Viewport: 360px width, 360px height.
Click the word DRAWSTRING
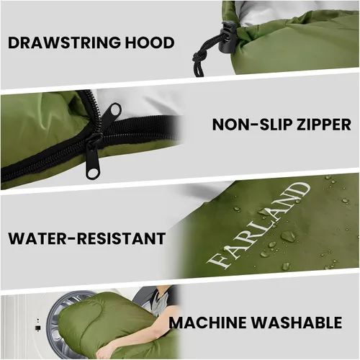click(65, 42)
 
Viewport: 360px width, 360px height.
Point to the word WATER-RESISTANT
click(87, 238)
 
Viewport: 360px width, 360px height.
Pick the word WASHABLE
click(297, 323)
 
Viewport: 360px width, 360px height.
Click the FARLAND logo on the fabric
click(258, 225)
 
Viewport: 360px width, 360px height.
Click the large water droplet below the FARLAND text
click(287, 236)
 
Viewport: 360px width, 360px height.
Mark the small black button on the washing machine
click(38, 328)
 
